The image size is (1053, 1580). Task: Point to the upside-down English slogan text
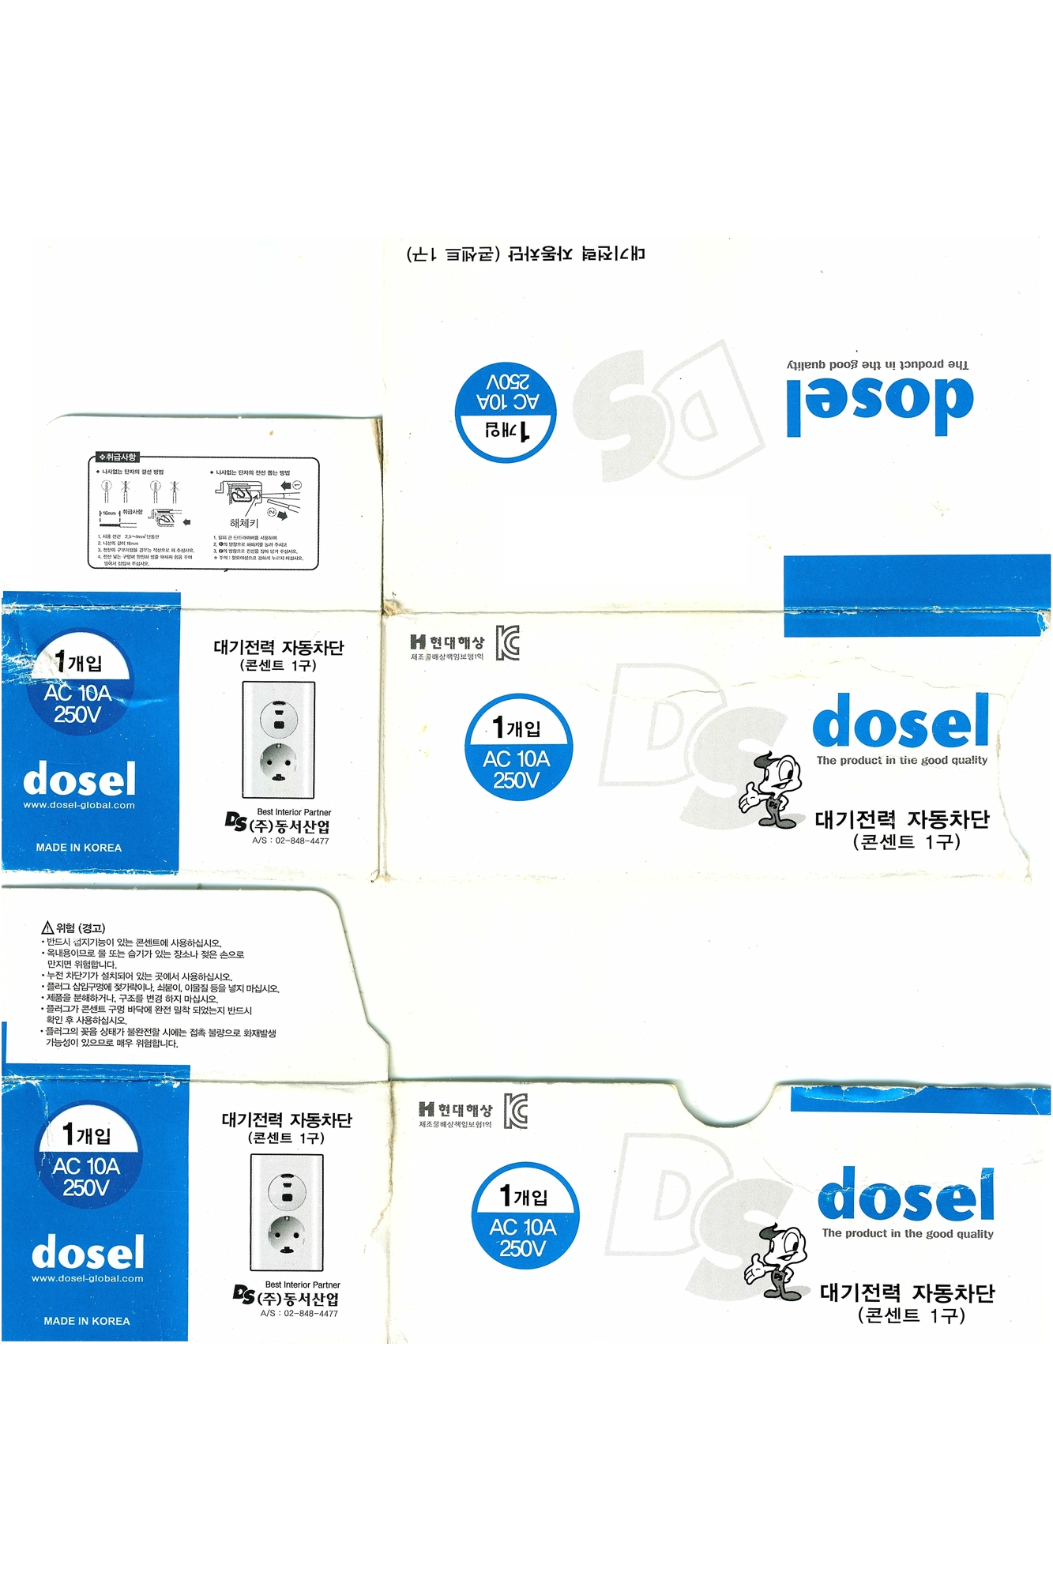point(877,364)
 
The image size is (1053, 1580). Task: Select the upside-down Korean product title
point(525,254)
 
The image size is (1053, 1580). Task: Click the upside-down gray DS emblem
point(668,411)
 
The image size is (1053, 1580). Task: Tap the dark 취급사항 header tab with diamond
point(117,457)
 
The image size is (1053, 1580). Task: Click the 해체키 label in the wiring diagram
point(243,523)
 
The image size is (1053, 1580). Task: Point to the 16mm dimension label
point(109,513)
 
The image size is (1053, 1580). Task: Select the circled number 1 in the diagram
point(297,485)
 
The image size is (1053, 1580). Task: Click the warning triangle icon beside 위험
point(47,927)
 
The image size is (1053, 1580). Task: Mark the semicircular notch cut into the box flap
point(725,1102)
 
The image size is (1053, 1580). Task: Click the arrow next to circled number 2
point(281,516)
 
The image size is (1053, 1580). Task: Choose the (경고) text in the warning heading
point(92,928)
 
